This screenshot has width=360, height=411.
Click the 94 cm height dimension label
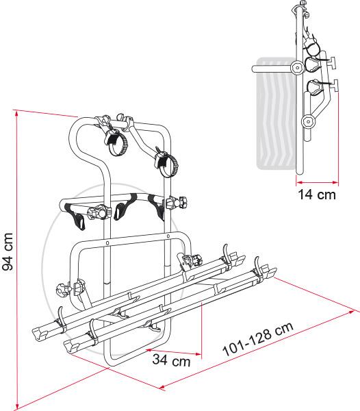tap(8, 251)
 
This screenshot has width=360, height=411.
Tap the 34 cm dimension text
tap(171, 360)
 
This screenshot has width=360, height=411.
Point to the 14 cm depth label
tap(316, 195)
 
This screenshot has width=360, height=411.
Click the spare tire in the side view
tap(275, 114)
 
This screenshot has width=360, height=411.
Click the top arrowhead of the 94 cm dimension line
tap(16, 113)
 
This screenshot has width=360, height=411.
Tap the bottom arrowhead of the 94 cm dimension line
tap(16, 407)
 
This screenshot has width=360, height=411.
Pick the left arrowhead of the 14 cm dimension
tap(298, 182)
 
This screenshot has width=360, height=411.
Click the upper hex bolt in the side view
tap(297, 68)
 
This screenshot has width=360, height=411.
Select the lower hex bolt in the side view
tap(308, 122)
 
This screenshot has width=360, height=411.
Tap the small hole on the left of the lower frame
tap(107, 243)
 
